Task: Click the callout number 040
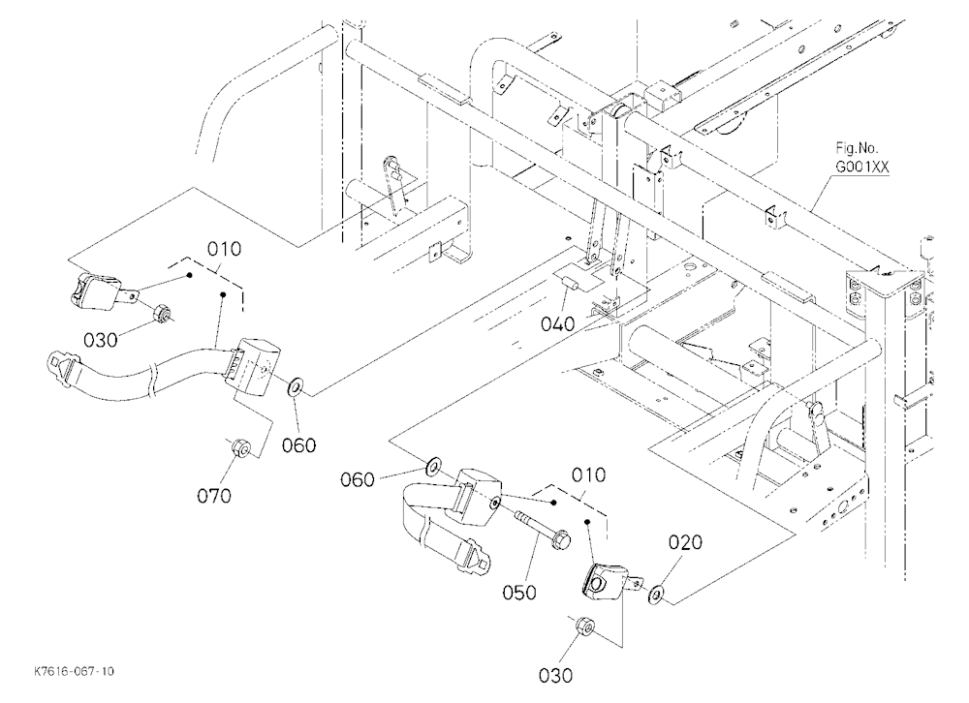[x=557, y=323]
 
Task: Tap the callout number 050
[x=519, y=593]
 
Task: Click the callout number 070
[x=214, y=496]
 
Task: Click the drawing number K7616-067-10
[x=75, y=671]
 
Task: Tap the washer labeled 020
[x=655, y=594]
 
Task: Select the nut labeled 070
[x=240, y=448]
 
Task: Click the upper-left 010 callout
[x=224, y=250]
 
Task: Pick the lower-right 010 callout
[x=588, y=475]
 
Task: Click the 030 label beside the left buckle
[x=100, y=339]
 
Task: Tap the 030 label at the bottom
[x=555, y=675]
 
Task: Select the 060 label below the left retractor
[x=298, y=444]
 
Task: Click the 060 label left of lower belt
[x=358, y=478]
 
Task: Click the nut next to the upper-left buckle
[x=163, y=314]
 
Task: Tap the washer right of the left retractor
[x=296, y=387]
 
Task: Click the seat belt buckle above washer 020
[x=610, y=582]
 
